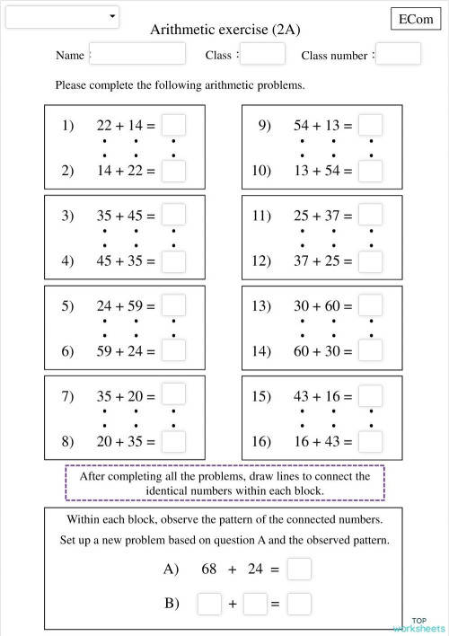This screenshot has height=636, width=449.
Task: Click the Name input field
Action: (x=137, y=54)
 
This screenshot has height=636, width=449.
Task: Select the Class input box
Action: (x=262, y=54)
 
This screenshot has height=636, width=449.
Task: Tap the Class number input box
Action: (x=398, y=54)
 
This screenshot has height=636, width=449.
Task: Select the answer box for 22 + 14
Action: (x=174, y=126)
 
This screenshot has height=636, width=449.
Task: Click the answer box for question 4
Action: (x=174, y=261)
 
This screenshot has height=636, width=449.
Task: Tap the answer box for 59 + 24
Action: (x=174, y=351)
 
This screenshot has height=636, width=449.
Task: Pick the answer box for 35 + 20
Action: (x=174, y=395)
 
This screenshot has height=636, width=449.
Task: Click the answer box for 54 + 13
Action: (x=370, y=126)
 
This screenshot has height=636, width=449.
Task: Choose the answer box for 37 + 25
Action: (x=370, y=261)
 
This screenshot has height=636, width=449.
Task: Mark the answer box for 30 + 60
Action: (x=370, y=306)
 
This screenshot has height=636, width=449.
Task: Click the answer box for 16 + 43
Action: (x=370, y=441)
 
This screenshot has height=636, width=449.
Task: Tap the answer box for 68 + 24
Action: (x=299, y=569)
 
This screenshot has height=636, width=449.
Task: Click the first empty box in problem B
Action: (x=209, y=604)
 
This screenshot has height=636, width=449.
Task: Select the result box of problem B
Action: (x=299, y=604)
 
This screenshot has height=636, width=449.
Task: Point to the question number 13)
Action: (x=261, y=306)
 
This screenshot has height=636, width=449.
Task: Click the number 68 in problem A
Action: (x=210, y=569)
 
